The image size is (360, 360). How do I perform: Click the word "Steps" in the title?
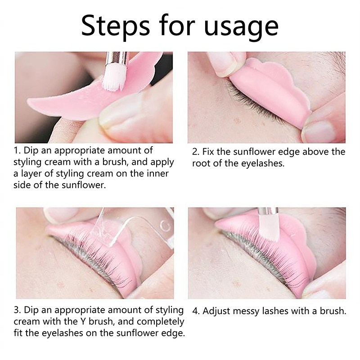[116, 26]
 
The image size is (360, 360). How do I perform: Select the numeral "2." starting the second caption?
[196, 152]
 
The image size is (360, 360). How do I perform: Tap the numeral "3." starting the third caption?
[18, 310]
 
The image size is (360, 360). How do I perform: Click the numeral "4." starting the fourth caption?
[196, 311]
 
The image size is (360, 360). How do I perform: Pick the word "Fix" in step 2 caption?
[208, 152]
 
